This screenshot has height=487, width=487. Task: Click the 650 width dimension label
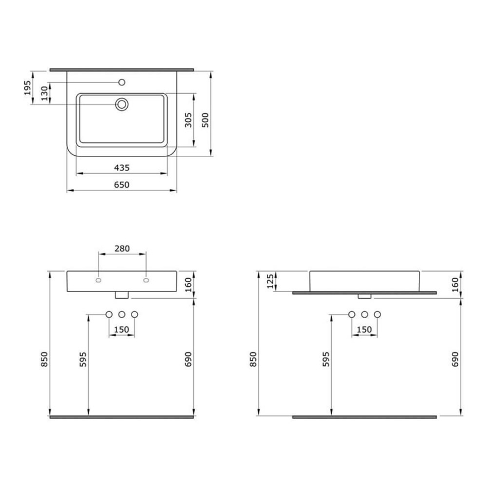coord(121,185)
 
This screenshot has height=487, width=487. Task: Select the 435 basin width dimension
coord(121,168)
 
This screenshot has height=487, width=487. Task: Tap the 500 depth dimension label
coord(205,120)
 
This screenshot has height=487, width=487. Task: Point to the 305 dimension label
coord(188,120)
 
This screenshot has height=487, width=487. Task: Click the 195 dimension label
coord(28,88)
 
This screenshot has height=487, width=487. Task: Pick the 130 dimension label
coord(45,93)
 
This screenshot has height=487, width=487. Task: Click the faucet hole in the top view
coord(122,82)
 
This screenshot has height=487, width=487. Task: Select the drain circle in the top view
coord(122,104)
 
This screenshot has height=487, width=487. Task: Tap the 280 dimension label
coord(122,248)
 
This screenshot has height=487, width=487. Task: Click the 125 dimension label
coord(271,281)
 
